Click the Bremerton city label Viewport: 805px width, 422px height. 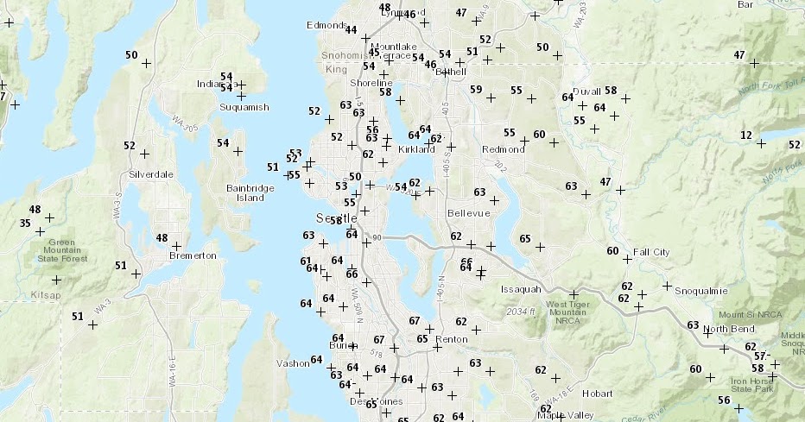coord(193,256)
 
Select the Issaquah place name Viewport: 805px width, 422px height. coord(521,289)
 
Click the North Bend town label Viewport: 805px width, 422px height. coord(730,330)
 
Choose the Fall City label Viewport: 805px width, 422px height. coord(651,252)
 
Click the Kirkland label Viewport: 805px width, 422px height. coord(417,149)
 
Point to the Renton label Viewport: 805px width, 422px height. coord(453,339)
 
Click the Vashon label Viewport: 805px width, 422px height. coord(293,363)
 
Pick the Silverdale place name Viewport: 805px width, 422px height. coord(151,174)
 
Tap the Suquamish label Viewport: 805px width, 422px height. coord(245,107)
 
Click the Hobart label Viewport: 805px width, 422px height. coord(597,394)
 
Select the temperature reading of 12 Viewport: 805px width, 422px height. coord(746,135)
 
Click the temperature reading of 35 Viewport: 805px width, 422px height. coord(25,224)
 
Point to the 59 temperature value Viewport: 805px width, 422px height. coord(476,90)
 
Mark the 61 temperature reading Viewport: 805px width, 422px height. coord(305,261)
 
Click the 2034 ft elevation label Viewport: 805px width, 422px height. coord(522,312)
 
